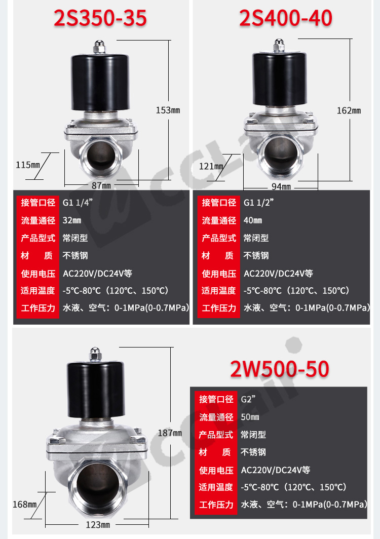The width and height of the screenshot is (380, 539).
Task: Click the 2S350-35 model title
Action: pos(100,18)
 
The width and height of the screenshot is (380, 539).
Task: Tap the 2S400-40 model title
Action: pos(285,18)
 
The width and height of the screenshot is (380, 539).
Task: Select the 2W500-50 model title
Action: pos(280,369)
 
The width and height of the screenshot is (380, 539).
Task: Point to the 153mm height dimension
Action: pos(168,110)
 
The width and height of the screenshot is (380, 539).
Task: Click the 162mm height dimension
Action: pos(349,110)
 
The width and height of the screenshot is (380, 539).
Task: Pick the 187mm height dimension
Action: pos(170,433)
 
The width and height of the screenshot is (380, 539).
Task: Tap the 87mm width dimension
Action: pos(101,185)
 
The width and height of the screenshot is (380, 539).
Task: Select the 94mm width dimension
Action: pos(281,186)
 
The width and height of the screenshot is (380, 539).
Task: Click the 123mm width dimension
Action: pos(98,525)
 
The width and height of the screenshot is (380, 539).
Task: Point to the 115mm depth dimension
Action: pos(28,165)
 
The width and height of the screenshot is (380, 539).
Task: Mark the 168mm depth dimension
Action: pos(25,504)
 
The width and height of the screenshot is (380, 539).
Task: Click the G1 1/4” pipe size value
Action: pos(78,203)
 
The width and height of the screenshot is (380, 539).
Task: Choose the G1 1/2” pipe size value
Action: pos(258,203)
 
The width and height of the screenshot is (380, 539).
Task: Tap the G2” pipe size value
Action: pos(248,399)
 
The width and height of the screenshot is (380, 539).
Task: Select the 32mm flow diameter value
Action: pos(72,220)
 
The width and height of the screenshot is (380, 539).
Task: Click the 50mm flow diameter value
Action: pos(250,417)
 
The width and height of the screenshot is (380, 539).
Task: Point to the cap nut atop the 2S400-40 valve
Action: pos(279,46)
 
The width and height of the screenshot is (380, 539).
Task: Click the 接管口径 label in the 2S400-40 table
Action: pos(219,203)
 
